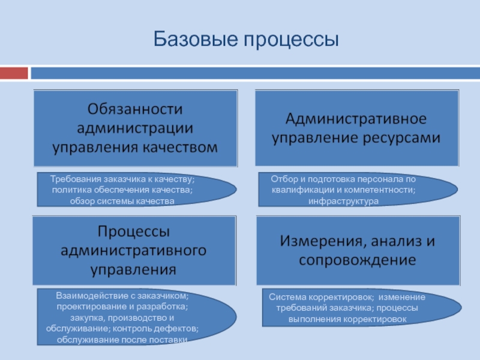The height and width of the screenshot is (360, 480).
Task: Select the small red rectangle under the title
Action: [14, 73]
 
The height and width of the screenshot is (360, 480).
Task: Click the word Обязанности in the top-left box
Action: [135, 109]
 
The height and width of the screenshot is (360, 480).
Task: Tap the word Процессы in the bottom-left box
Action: [134, 231]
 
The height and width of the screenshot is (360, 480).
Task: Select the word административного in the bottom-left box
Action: [134, 250]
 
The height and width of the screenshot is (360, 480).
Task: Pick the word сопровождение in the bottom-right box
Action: [357, 260]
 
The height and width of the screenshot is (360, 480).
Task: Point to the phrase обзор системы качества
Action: [122, 200]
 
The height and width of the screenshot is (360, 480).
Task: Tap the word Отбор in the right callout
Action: [283, 179]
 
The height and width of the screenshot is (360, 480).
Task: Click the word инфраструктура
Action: [343, 200]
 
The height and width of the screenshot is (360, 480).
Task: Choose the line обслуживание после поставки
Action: [122, 340]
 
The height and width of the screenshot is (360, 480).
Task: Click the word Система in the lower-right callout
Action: [287, 297]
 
